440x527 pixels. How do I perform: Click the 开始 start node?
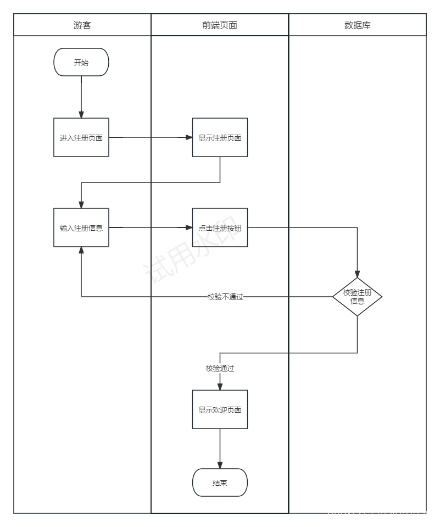click(x=81, y=63)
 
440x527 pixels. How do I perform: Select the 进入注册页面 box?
click(x=81, y=137)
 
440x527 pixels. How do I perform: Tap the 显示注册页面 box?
click(x=220, y=137)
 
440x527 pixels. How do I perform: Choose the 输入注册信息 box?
click(x=81, y=228)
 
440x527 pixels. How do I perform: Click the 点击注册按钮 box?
click(x=220, y=228)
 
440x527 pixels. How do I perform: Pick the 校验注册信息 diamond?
click(x=357, y=297)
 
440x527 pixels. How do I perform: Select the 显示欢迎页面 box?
click(x=220, y=409)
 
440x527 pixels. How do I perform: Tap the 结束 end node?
click(x=220, y=483)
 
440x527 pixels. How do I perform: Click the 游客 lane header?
click(x=82, y=25)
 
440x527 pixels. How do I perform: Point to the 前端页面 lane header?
click(x=220, y=25)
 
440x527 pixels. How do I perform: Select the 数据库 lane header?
click(x=358, y=25)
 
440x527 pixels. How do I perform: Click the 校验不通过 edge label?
click(x=225, y=297)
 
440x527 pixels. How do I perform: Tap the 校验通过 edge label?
click(x=220, y=369)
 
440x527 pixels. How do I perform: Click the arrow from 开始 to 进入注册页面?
click(x=81, y=96)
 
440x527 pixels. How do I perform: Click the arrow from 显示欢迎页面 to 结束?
click(x=220, y=448)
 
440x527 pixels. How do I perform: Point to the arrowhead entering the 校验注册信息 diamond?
click(x=357, y=274)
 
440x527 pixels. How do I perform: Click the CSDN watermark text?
click(x=379, y=517)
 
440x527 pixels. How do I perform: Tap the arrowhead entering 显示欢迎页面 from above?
click(x=220, y=386)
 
